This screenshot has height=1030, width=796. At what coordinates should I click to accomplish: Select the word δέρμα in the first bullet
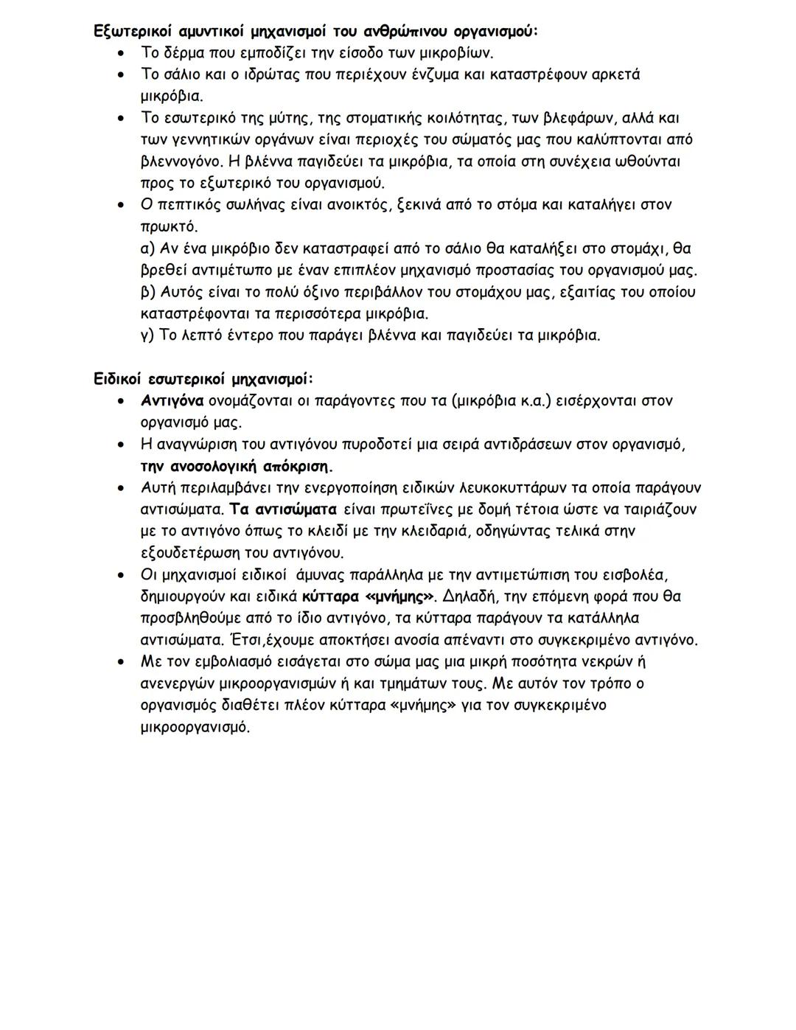pos(183,53)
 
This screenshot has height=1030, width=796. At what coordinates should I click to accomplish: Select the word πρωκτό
pos(168,226)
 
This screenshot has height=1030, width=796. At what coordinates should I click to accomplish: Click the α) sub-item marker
pos(147,248)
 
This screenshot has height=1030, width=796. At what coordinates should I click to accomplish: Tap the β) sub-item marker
pos(147,292)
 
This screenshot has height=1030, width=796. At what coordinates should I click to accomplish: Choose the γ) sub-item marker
pos(147,335)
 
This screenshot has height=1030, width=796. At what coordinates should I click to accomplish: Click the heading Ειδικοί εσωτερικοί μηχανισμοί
pos(203,379)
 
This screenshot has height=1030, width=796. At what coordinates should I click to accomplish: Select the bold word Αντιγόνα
pos(172,401)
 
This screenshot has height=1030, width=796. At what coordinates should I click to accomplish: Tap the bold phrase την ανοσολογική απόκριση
pos(237,467)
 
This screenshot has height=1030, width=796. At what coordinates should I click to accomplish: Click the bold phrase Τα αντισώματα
pos(283,509)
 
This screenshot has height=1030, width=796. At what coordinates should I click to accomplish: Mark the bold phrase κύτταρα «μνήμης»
pos(369,596)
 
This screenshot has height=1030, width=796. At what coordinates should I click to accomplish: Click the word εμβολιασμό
pos(240,661)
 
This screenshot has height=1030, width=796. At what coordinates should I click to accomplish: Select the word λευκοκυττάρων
pos(506,488)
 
